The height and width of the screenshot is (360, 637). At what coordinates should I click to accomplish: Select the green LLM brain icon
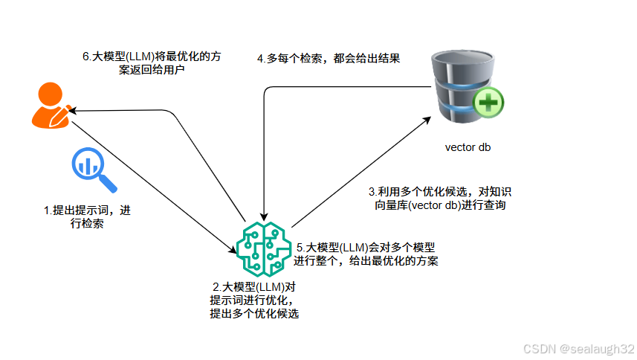click(261, 246)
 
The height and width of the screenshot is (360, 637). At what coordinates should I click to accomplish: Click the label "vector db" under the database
click(468, 147)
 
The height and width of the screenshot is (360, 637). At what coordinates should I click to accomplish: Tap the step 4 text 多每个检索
click(329, 58)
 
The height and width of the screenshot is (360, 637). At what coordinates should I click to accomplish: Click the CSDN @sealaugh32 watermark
click(578, 349)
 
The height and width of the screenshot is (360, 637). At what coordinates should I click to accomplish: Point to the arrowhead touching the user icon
click(74, 111)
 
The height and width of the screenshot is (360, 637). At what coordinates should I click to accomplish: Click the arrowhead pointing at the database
click(429, 118)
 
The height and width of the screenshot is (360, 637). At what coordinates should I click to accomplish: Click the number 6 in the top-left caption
click(85, 57)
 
